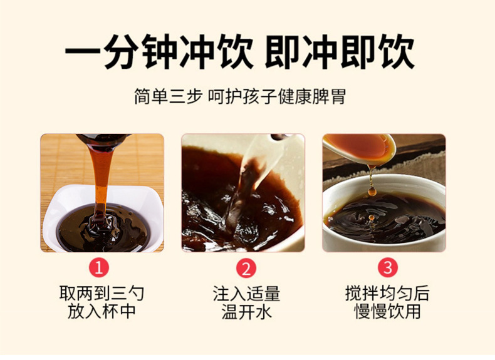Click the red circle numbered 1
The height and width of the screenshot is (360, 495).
100,268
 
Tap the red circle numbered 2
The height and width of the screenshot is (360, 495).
246,268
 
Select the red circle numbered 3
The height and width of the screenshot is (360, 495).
387,268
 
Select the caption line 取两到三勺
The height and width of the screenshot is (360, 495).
101,294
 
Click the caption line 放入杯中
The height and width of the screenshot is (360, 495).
101,311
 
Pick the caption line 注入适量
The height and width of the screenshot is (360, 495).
246,294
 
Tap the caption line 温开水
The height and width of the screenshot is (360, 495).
246,312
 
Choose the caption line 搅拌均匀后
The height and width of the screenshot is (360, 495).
387,294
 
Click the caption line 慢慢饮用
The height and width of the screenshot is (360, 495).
387,312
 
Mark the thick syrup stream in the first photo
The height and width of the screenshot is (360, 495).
100,182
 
